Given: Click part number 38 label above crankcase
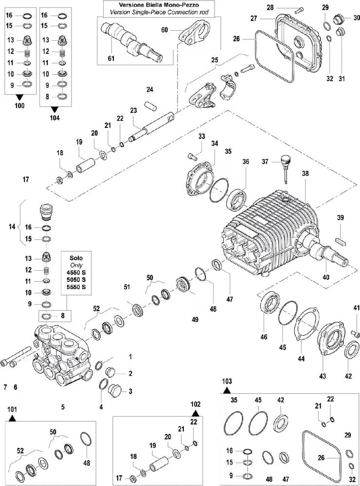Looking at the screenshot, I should pos(305,174).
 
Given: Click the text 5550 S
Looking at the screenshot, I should pos(76,287).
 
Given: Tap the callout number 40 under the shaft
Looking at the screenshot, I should pos(326,278).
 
